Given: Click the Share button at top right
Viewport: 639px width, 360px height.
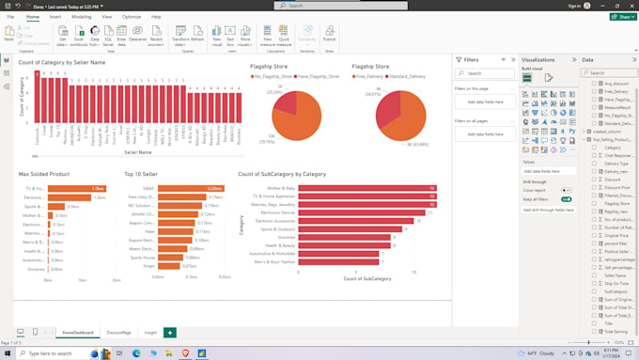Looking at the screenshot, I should pyautogui.click(x=623, y=16).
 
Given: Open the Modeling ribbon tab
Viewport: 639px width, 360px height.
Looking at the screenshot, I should pyautogui.click(x=81, y=17).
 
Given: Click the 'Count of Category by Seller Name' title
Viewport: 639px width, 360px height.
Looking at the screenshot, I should pyautogui.click(x=62, y=62).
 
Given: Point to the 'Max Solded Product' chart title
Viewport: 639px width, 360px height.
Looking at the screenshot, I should pyautogui.click(x=44, y=174).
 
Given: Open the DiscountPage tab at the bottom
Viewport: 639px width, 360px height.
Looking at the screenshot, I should pyautogui.click(x=119, y=333).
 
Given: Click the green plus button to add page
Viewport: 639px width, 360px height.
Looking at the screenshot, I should pyautogui.click(x=170, y=333).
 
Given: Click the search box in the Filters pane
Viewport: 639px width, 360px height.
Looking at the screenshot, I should pyautogui.click(x=486, y=73).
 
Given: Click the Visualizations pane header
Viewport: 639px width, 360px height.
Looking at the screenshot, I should pyautogui.click(x=538, y=59).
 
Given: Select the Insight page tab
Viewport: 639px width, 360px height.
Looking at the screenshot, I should pyautogui.click(x=150, y=333).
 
